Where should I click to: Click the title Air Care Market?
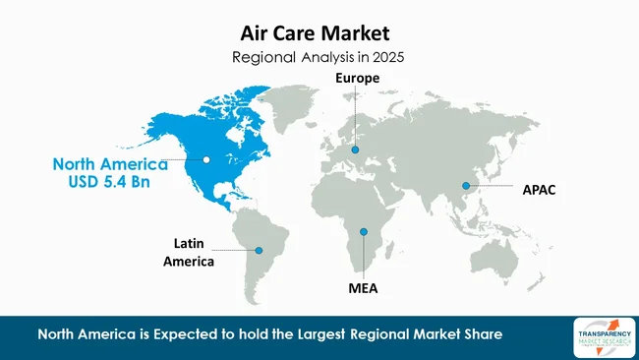(x=319, y=33)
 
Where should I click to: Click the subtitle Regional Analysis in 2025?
(x=319, y=57)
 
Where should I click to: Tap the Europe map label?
(x=356, y=78)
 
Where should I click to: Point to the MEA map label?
(x=364, y=288)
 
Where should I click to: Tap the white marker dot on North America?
(x=207, y=159)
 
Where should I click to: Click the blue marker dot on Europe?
(x=356, y=150)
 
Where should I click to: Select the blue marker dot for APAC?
(x=466, y=185)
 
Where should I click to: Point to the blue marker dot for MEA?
(x=364, y=232)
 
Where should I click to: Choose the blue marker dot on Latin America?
(x=260, y=251)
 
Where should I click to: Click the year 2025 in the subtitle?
(x=386, y=57)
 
